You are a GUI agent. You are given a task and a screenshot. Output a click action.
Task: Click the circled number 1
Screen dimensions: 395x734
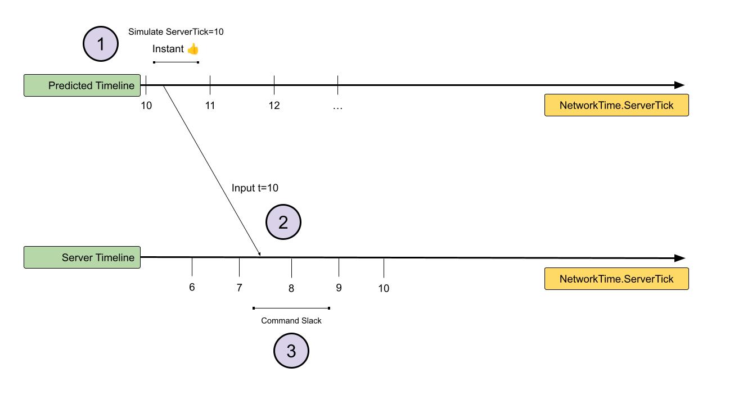pos(101,44)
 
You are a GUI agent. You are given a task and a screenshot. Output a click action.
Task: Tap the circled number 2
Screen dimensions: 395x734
pos(283,222)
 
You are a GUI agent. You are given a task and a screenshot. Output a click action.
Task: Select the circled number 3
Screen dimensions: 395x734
pos(291,351)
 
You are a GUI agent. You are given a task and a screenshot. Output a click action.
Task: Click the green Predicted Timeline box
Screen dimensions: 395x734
pos(82,85)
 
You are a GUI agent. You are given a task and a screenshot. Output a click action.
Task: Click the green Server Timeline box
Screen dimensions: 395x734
pos(82,257)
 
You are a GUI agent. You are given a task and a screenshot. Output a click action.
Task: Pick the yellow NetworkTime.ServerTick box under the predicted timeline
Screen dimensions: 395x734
pos(616,105)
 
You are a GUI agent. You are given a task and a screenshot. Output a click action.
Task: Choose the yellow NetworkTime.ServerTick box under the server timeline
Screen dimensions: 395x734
pos(616,279)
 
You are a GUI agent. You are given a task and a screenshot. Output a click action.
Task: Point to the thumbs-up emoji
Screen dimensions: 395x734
pos(193,49)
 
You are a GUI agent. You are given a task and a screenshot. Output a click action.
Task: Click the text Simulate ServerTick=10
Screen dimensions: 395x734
pos(175,32)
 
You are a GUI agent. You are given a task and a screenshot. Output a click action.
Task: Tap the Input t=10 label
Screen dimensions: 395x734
pos(255,188)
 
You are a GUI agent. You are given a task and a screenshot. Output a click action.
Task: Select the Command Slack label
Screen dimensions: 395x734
pos(291,321)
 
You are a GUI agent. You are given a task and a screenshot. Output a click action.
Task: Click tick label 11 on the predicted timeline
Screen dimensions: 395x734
pos(210,106)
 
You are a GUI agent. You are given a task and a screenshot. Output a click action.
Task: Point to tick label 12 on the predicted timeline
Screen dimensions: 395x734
pos(274,106)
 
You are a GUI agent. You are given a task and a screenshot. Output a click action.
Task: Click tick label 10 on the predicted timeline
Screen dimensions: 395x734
pos(146,106)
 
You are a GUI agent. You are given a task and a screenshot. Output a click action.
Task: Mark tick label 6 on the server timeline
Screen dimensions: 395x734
pos(192,287)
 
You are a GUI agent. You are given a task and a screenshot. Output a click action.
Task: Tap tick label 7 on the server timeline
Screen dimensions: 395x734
pos(239,288)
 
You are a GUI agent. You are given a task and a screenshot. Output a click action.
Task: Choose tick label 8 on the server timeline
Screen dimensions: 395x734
pos(291,288)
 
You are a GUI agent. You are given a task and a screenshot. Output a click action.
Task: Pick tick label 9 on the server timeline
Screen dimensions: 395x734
pos(339,288)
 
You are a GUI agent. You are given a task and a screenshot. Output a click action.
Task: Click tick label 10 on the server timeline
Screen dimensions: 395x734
pos(384,288)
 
